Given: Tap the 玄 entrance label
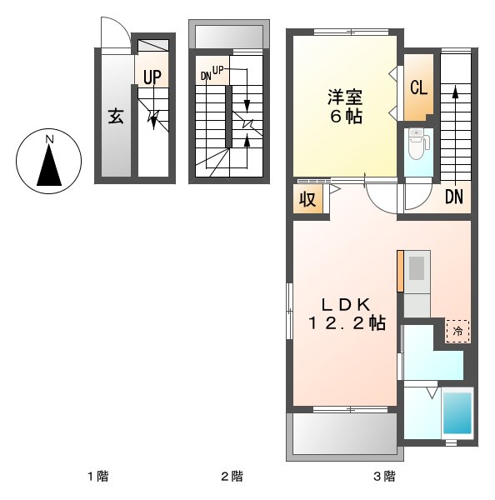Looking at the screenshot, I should coord(114,116).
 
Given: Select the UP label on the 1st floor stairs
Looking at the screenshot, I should coord(151,77).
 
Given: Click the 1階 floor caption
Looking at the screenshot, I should coord(98,477).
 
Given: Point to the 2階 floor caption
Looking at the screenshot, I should coord(232,477).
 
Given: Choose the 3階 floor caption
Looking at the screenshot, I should coord(383,477).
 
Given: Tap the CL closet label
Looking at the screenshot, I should coord(418,87).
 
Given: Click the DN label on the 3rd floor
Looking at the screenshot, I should coord(453,197).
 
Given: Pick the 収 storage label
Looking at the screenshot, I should coord(306,199).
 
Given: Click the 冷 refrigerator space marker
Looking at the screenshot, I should coord(457,331).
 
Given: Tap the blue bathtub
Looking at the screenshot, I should coord(457,412).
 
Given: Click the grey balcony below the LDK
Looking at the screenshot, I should coord(342,435).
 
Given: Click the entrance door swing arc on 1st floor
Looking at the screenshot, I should coord(114,35).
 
